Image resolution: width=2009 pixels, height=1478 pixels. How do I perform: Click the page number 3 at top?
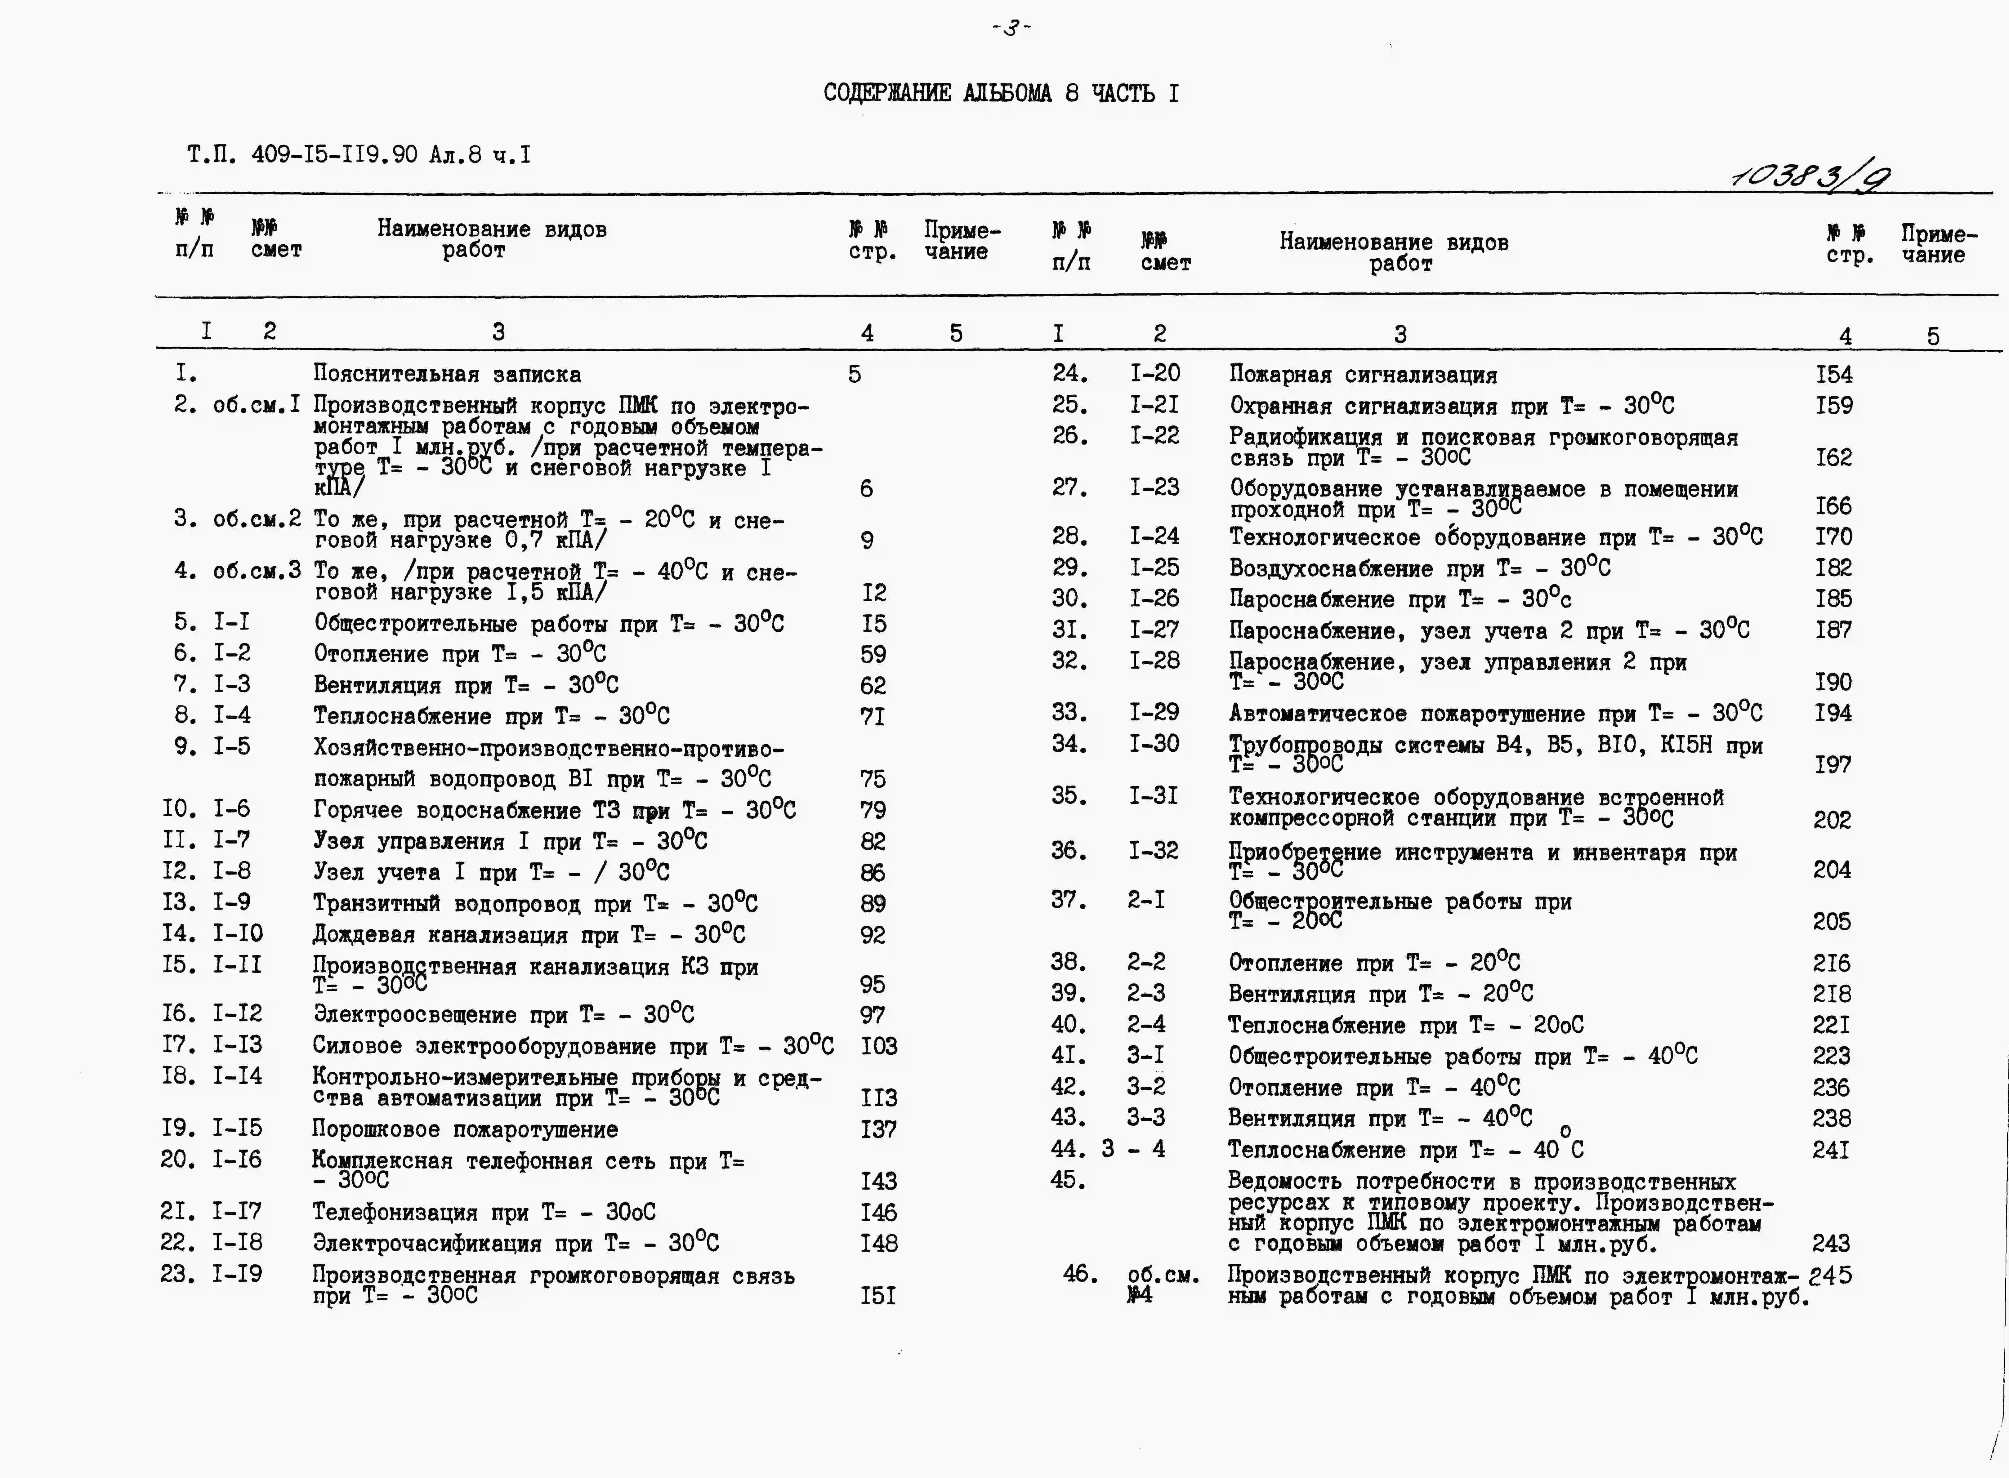click(x=1011, y=28)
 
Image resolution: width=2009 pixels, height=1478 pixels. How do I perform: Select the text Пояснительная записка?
click(x=447, y=374)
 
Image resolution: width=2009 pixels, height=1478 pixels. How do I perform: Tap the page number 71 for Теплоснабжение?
click(x=873, y=717)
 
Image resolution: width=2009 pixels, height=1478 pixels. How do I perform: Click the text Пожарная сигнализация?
click(x=1363, y=375)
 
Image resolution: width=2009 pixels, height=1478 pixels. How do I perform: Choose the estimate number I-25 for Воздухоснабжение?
click(x=1154, y=567)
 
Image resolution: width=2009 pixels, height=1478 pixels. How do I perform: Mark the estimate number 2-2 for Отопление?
click(x=1146, y=962)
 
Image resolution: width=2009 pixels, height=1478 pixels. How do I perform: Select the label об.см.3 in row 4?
click(x=257, y=571)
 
